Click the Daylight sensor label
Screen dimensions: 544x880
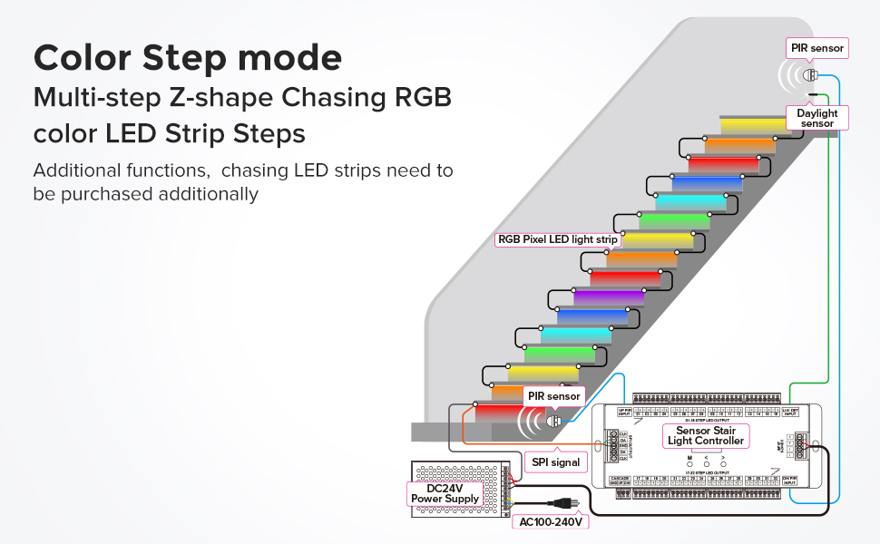(x=816, y=118)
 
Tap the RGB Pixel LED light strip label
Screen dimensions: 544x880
(x=557, y=239)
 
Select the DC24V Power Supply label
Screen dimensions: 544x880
(x=445, y=493)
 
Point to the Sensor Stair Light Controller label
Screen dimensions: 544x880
(x=706, y=435)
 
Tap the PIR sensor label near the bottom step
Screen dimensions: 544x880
(x=554, y=396)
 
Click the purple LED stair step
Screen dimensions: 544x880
(x=609, y=296)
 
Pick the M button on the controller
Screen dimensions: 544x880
(x=689, y=463)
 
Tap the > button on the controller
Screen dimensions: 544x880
(x=723, y=463)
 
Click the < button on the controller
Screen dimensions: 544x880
(x=707, y=463)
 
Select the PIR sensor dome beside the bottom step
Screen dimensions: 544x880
(x=552, y=420)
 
